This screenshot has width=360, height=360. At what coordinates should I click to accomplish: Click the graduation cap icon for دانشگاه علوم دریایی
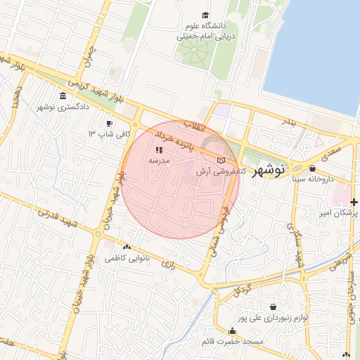coord(205,15)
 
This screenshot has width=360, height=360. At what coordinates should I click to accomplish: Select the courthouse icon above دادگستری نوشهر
coord(63,96)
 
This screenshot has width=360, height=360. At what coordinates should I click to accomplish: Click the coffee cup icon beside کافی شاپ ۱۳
coord(109,122)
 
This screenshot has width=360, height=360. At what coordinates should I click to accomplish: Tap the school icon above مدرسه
coord(159,150)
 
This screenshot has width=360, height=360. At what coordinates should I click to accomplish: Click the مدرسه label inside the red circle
coord(159,160)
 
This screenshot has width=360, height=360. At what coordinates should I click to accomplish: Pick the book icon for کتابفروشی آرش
coord(221,161)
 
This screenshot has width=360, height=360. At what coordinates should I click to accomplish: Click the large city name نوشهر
coord(267,169)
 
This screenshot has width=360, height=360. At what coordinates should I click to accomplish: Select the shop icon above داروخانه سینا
coord(312,168)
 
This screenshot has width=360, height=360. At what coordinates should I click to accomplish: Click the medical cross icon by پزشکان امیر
coord(354,202)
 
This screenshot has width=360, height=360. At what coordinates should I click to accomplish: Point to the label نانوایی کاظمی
coord(127,258)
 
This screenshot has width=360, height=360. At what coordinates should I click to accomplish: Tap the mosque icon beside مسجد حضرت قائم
coord(232,331)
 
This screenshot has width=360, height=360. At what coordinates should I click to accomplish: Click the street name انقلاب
coord(192,127)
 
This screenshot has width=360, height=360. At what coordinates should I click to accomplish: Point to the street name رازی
coord(169,264)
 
